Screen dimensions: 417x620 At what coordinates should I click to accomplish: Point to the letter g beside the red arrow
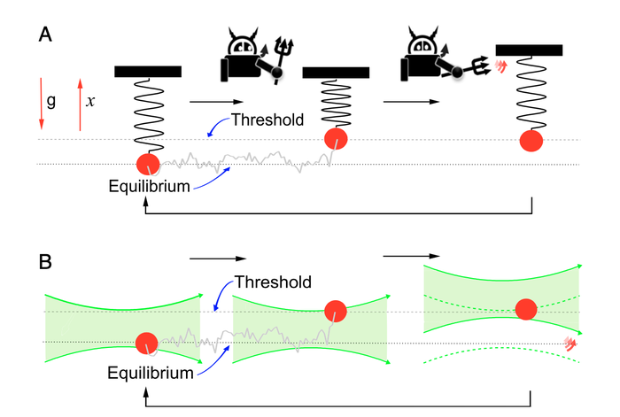pyautogui.click(x=51, y=102)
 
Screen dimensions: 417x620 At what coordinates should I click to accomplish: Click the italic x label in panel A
pyautogui.click(x=90, y=102)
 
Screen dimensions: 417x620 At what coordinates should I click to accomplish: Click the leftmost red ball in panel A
pyautogui.click(x=148, y=163)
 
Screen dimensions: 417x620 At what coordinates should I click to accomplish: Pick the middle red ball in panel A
pyautogui.click(x=336, y=139)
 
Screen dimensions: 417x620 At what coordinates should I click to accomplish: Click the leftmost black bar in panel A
pyautogui.click(x=148, y=71)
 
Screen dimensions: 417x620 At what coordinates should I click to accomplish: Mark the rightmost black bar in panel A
pyautogui.click(x=528, y=50)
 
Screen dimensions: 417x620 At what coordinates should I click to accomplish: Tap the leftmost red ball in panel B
pyautogui.click(x=145, y=343)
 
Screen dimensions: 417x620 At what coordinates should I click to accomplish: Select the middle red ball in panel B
pyautogui.click(x=336, y=312)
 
